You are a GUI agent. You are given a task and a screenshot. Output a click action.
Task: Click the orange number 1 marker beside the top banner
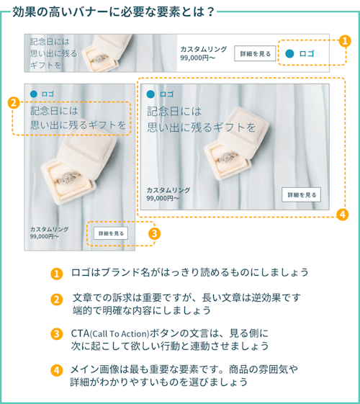[x=345, y=41]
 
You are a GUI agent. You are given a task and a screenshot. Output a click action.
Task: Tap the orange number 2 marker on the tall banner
[x=14, y=103]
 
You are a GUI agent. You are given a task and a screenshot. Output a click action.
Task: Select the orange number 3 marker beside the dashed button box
[x=154, y=234]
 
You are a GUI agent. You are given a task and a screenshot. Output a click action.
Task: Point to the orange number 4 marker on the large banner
[x=343, y=215]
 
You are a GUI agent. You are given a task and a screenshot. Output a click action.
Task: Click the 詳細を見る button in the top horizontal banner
[x=255, y=53]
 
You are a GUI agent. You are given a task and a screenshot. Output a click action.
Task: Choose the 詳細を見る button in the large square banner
[x=301, y=194]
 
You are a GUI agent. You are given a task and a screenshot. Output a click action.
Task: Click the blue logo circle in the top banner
[x=289, y=53]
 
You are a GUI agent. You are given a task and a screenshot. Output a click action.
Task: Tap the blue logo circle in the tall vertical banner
[x=34, y=94]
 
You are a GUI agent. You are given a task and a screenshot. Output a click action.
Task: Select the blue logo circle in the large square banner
[x=150, y=94]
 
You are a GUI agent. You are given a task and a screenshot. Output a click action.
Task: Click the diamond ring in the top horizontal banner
[x=99, y=59]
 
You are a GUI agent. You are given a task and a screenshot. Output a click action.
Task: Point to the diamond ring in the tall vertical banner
[x=68, y=178]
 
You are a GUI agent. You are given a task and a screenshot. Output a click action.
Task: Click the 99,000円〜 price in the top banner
[x=197, y=58]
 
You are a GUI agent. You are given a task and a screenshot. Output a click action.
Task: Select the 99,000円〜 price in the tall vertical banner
[x=45, y=236]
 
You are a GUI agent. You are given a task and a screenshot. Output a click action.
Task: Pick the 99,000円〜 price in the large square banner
[x=163, y=198]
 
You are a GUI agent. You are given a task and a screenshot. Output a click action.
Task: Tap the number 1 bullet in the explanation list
[x=57, y=274]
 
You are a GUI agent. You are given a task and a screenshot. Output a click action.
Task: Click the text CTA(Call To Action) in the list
[x=110, y=333]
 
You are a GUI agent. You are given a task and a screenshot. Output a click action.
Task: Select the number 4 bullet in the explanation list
[x=57, y=370]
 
